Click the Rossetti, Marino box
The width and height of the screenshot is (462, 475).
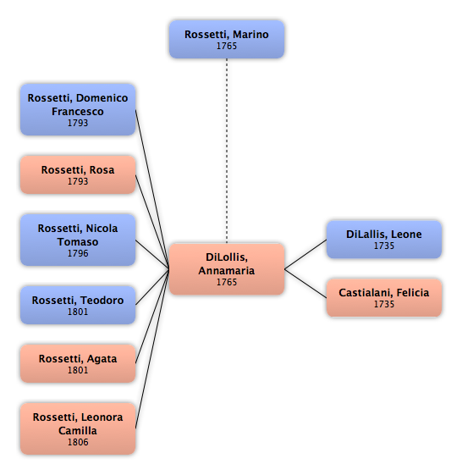(x=227, y=40)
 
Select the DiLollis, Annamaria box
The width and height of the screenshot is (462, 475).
(x=227, y=269)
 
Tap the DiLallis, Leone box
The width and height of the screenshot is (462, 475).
(x=384, y=240)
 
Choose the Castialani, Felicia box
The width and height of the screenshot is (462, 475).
(x=384, y=298)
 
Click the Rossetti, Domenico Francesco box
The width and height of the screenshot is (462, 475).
(x=78, y=110)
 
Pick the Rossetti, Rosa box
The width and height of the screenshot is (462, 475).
(x=78, y=174)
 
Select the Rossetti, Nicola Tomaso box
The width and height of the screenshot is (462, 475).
(x=78, y=240)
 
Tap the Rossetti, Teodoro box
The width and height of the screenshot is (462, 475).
(x=78, y=305)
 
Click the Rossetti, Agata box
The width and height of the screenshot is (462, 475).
(x=78, y=363)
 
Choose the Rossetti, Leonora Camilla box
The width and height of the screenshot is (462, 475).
(x=78, y=428)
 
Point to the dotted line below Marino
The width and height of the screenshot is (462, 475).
(x=227, y=151)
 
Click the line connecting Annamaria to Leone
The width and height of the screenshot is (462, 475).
(x=305, y=255)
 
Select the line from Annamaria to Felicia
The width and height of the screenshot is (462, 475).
(x=305, y=284)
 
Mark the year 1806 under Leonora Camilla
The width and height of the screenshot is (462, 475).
(x=78, y=442)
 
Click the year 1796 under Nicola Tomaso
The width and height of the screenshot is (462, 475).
(x=78, y=253)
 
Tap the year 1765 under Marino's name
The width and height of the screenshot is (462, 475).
(x=227, y=46)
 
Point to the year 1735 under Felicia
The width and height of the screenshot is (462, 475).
(x=384, y=304)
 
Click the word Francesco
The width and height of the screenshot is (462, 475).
(x=78, y=112)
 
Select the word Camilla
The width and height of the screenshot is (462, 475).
(x=78, y=430)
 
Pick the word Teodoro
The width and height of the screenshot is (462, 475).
(x=102, y=301)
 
